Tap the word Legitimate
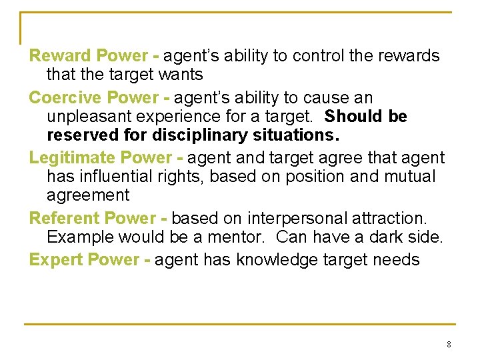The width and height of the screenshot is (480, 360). (x=71, y=158)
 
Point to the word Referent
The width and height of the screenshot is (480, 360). (x=63, y=218)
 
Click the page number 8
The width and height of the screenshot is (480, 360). (x=449, y=344)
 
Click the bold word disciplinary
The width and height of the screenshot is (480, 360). (x=195, y=136)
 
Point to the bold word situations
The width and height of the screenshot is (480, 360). (x=290, y=136)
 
